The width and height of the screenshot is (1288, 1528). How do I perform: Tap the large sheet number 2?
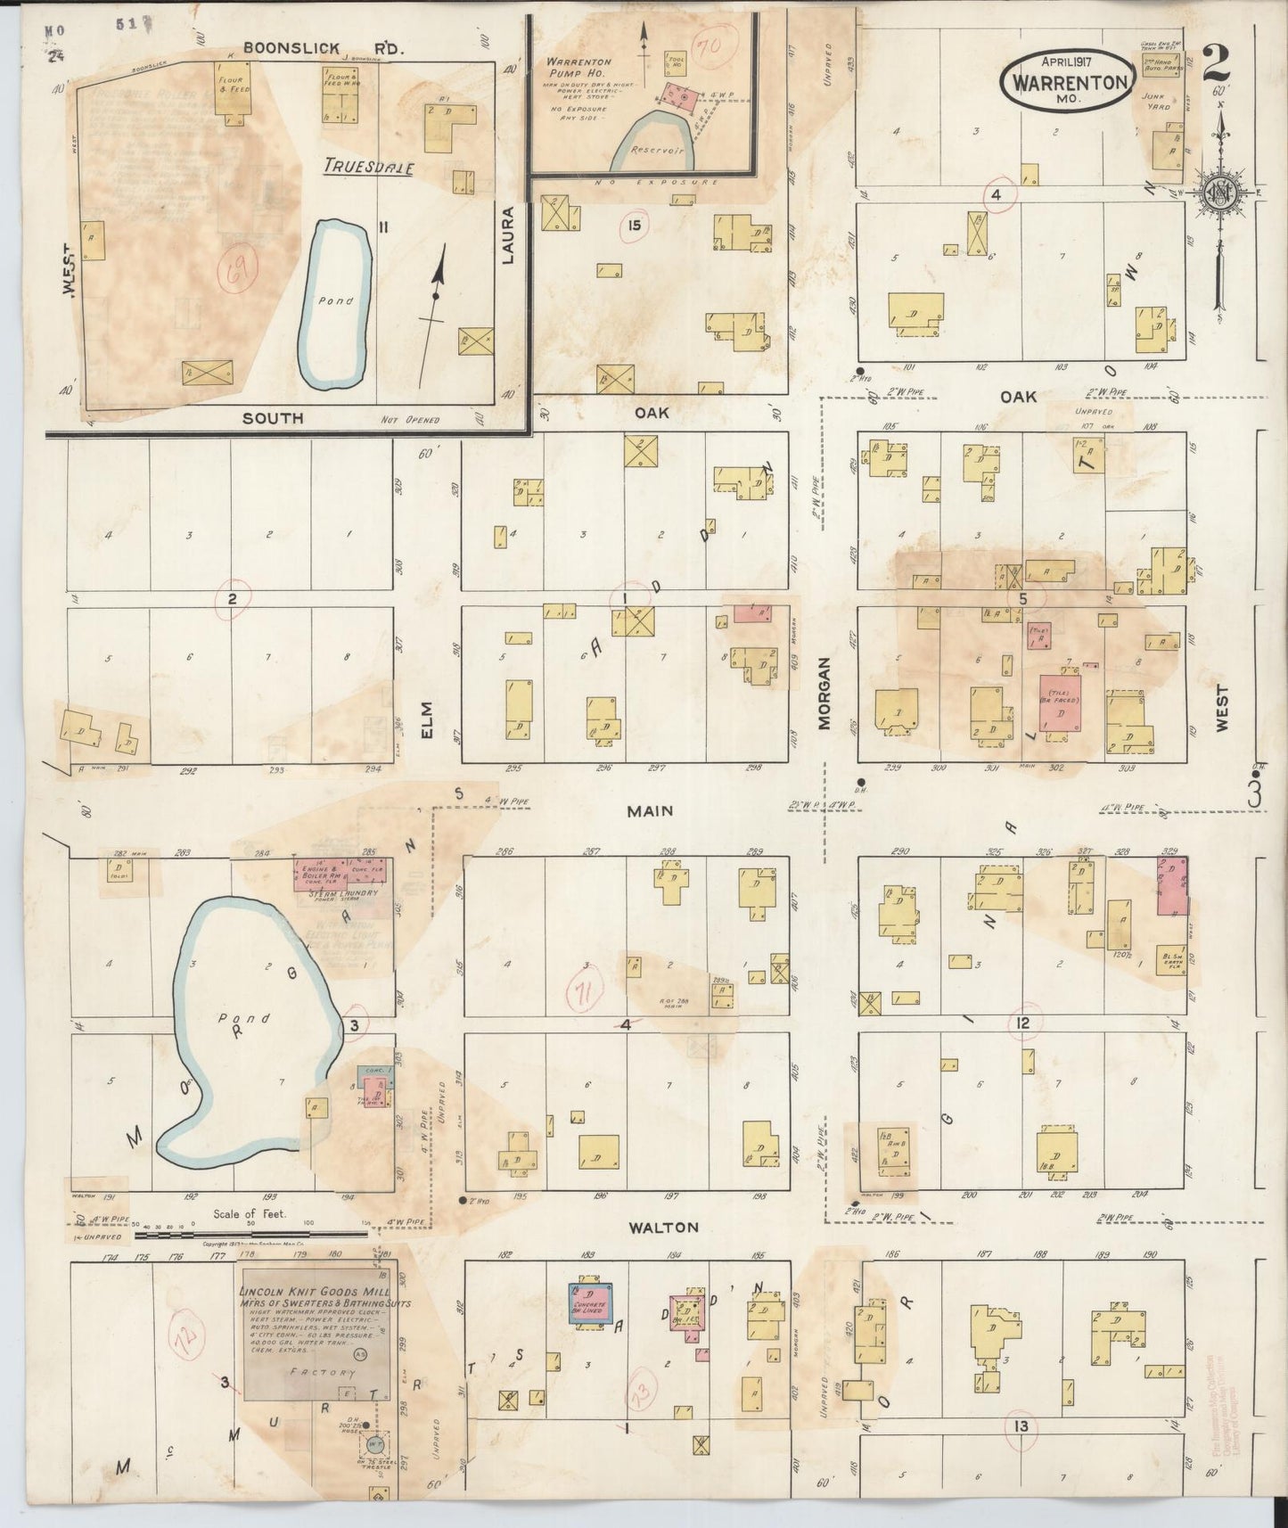pyautogui.click(x=1216, y=63)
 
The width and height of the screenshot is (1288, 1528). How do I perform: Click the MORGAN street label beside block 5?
pyautogui.click(x=824, y=694)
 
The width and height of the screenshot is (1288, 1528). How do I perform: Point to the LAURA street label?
pyautogui.click(x=509, y=236)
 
